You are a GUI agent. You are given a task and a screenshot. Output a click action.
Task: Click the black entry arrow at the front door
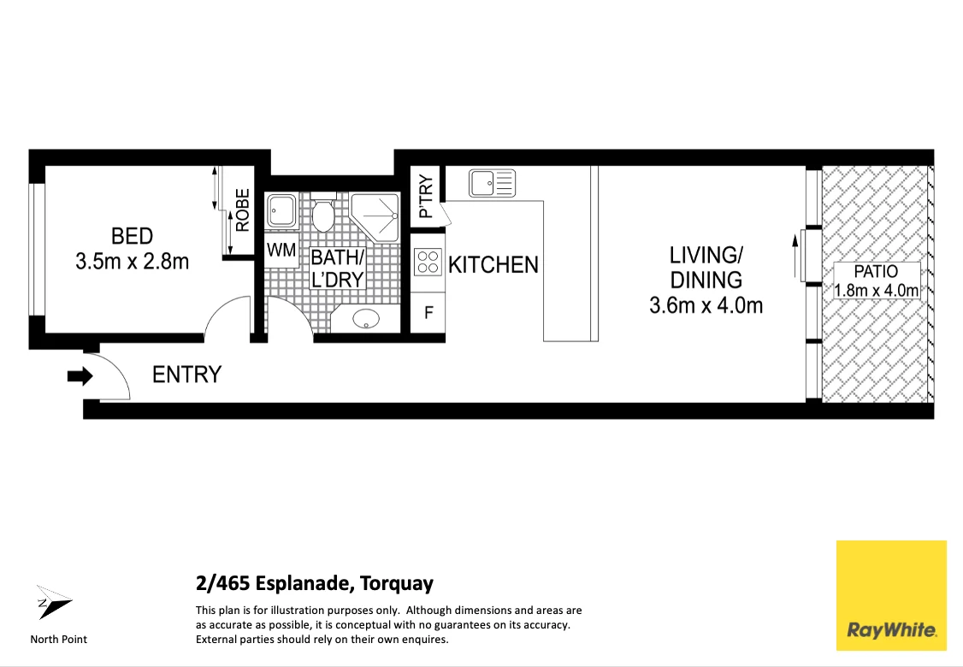coord(80,376)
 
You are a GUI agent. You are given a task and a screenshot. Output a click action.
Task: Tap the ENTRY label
coord(186,375)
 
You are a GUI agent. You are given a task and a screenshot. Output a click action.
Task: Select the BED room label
coord(132,236)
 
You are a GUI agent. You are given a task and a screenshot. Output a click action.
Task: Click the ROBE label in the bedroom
coord(243,210)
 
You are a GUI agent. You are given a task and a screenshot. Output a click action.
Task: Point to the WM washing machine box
coord(281,251)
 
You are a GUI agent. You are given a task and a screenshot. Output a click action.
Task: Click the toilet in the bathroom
coord(323,213)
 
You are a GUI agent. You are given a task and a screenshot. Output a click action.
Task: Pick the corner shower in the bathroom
coord(375,215)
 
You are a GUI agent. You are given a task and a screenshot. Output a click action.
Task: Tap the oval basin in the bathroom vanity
coord(367,319)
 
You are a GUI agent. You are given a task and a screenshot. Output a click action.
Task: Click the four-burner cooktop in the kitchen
coord(428,261)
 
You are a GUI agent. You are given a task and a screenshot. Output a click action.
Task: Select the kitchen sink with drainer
coord(492,183)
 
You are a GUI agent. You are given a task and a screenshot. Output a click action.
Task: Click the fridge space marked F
coord(428,313)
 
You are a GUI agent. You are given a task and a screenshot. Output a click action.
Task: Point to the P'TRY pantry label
coord(426,198)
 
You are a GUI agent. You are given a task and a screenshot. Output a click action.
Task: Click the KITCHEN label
coord(493,265)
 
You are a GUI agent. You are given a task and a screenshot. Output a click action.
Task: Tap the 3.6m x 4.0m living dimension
coord(706,305)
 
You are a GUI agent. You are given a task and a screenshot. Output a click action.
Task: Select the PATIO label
coord(876,271)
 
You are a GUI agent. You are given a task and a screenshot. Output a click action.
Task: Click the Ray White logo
coord(891,595)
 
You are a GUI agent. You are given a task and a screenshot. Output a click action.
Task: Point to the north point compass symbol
coord(53,603)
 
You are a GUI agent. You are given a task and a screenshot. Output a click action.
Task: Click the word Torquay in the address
coord(397,583)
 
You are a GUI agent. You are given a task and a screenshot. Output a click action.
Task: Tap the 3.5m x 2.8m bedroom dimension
coord(132,262)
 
